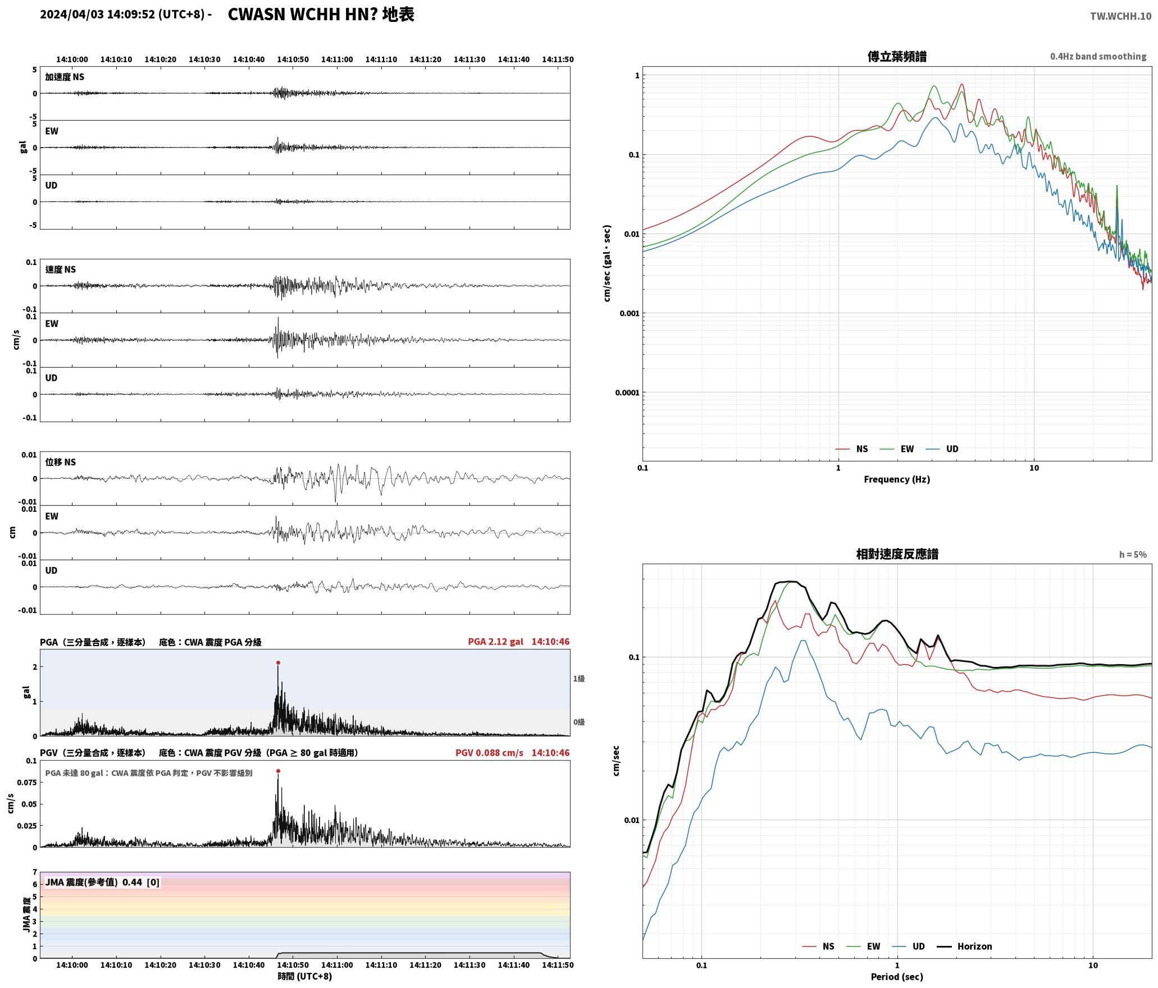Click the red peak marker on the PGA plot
pos(278,663)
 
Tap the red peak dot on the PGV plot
pos(278,771)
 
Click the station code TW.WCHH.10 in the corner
pos(1120,16)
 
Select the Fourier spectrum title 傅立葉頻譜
pos(897,57)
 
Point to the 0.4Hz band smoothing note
pos(1098,57)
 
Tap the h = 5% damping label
pos(1133,555)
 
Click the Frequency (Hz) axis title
pos(897,479)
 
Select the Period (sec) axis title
pos(897,977)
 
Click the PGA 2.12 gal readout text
pos(495,642)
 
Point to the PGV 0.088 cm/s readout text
pos(489,753)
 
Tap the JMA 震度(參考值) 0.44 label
pos(94,882)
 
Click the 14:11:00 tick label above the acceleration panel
pos(337,60)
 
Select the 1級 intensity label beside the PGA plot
pos(579,679)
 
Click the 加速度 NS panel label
pos(65,77)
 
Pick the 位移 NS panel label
pos(61,462)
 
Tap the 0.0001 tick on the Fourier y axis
pos(627,393)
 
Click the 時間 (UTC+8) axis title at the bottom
pos(305,977)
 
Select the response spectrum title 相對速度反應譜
pos(897,554)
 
